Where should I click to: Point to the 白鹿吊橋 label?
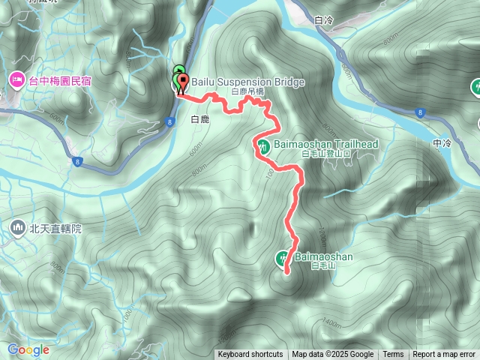click(247, 91)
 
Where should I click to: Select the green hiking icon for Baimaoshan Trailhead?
click(264, 145)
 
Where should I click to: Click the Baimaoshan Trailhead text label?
click(325, 144)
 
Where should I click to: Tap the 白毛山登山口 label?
click(325, 154)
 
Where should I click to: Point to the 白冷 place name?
click(324, 20)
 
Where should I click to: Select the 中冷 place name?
click(442, 142)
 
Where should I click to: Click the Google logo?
click(28, 349)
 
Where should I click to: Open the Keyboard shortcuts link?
click(250, 355)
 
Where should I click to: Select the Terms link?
click(393, 355)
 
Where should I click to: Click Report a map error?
click(444, 355)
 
